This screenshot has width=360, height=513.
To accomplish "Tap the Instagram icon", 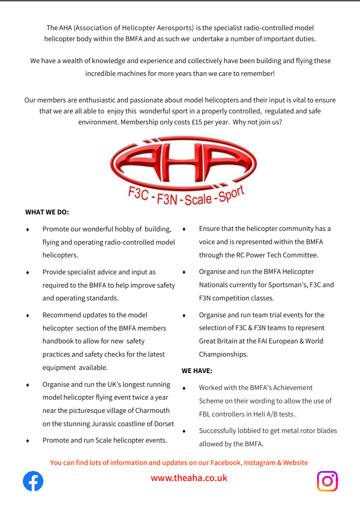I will [x=327, y=481].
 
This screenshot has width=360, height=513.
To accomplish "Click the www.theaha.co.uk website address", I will [x=189, y=478].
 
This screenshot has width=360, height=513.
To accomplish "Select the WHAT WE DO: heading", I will [x=47, y=212].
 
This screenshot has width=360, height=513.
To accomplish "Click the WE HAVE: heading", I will [x=197, y=371].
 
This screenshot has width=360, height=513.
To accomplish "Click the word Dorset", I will [x=163, y=424].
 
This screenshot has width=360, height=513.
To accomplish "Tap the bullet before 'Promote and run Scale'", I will [x=27, y=441].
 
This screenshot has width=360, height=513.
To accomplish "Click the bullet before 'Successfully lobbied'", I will [x=184, y=431].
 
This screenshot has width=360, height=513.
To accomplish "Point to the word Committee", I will [x=301, y=255].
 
